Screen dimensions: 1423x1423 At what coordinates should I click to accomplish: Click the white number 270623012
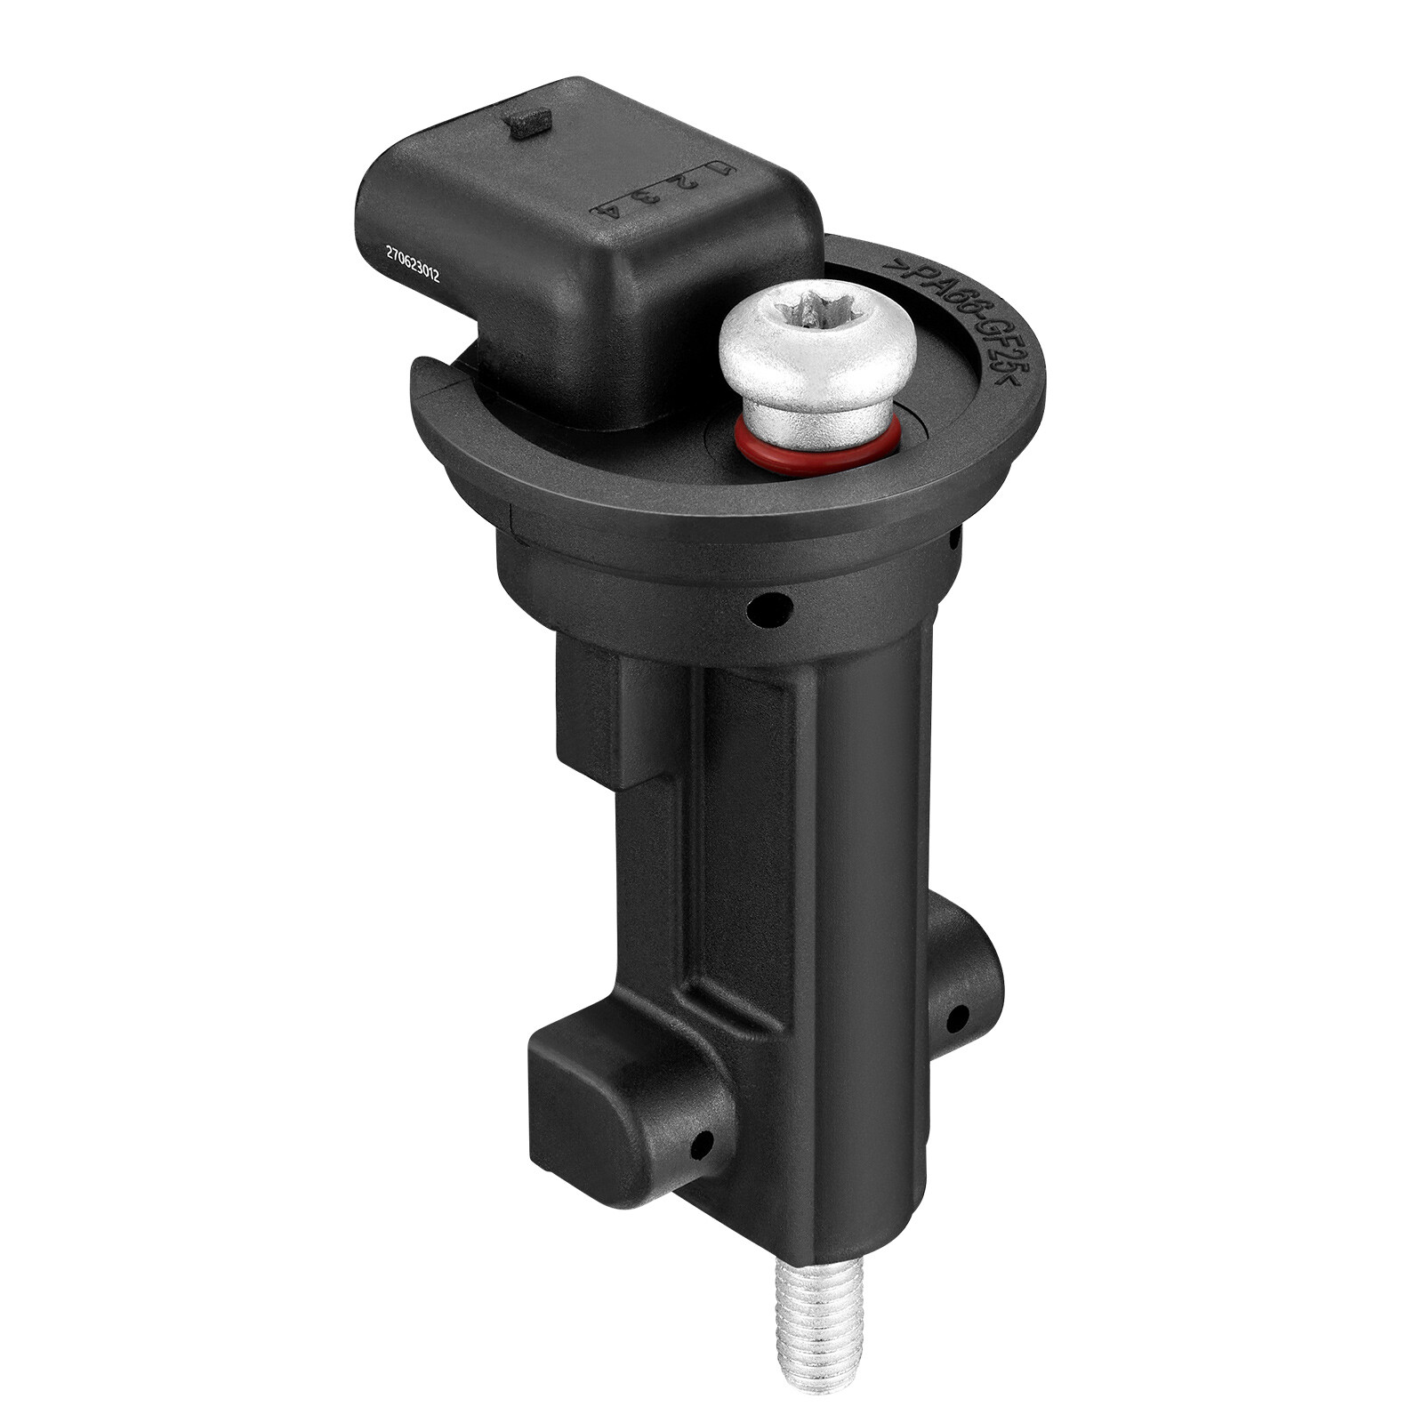[x=412, y=265]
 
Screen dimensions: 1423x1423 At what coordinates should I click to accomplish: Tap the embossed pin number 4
[x=610, y=210]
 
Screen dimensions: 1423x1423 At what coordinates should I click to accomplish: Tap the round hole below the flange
[x=769, y=610]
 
